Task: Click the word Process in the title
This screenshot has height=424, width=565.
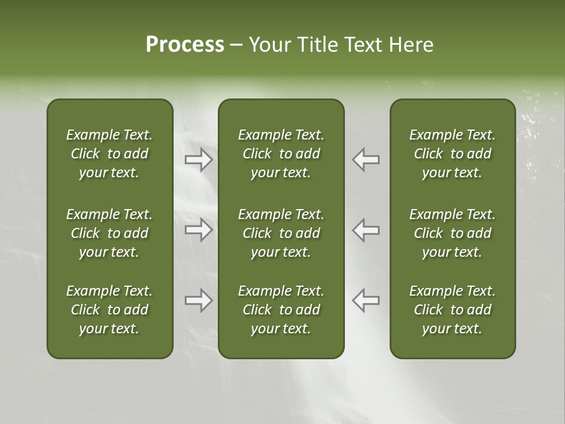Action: tap(185, 45)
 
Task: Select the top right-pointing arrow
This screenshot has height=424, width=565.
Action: tap(199, 160)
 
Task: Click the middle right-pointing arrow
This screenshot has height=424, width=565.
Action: tap(199, 230)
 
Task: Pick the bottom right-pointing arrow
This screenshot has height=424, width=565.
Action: tap(199, 300)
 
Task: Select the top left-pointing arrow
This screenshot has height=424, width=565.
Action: tap(365, 160)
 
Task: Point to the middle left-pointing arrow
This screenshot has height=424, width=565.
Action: tap(365, 230)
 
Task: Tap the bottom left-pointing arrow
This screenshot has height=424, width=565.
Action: tap(365, 300)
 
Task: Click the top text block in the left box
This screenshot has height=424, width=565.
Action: tap(109, 154)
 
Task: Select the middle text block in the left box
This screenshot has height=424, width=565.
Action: tap(109, 233)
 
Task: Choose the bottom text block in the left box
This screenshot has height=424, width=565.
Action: tap(109, 310)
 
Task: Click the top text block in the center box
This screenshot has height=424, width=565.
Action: tap(281, 154)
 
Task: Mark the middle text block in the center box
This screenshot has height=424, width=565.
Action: tap(281, 233)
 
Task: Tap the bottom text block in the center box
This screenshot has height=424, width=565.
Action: tap(281, 310)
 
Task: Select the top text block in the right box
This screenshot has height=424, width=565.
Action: tap(453, 154)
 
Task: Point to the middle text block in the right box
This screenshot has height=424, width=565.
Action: tap(453, 233)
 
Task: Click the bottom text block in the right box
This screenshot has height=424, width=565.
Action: tap(453, 310)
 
